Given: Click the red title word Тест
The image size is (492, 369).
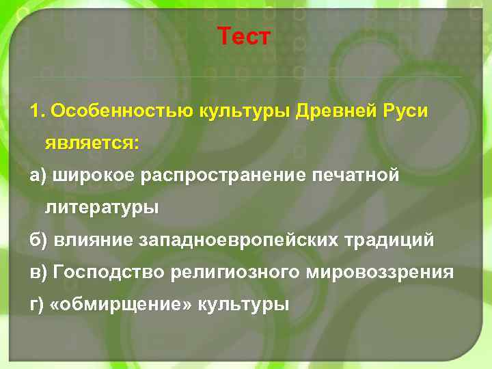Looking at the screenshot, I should pos(245,36).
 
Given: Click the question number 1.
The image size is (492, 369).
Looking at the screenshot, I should pos(36,111).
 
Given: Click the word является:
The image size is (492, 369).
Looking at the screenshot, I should pos(92,143).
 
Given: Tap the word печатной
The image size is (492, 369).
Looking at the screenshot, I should pos(355,176).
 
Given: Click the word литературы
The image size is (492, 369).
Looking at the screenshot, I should pos(102,208).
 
